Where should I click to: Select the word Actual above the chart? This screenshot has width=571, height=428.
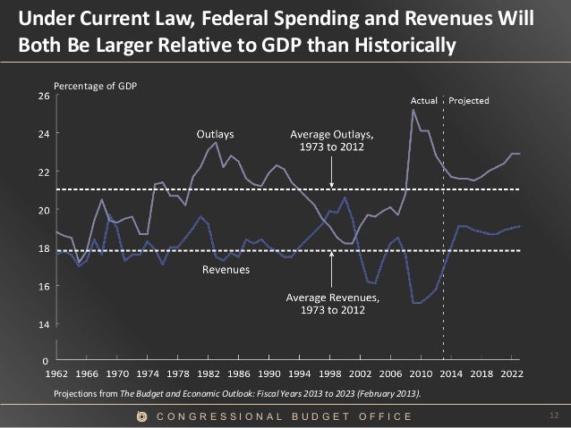pyautogui.click(x=423, y=100)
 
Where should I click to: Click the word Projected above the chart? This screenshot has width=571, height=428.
pyautogui.click(x=468, y=100)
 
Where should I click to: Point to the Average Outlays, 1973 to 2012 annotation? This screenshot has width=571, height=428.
pyautogui.click(x=331, y=140)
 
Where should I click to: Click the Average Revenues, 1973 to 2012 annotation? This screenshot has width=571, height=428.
pyautogui.click(x=332, y=302)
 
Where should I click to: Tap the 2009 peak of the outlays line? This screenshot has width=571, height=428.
pyautogui.click(x=413, y=110)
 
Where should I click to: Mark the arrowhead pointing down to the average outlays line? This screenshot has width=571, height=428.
pyautogui.click(x=331, y=185)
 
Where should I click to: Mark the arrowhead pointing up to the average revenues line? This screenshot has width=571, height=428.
pyautogui.click(x=331, y=255)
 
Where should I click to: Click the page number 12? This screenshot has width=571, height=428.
pyautogui.click(x=552, y=415)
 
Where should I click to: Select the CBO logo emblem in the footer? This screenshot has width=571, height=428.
pyautogui.click(x=141, y=416)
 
